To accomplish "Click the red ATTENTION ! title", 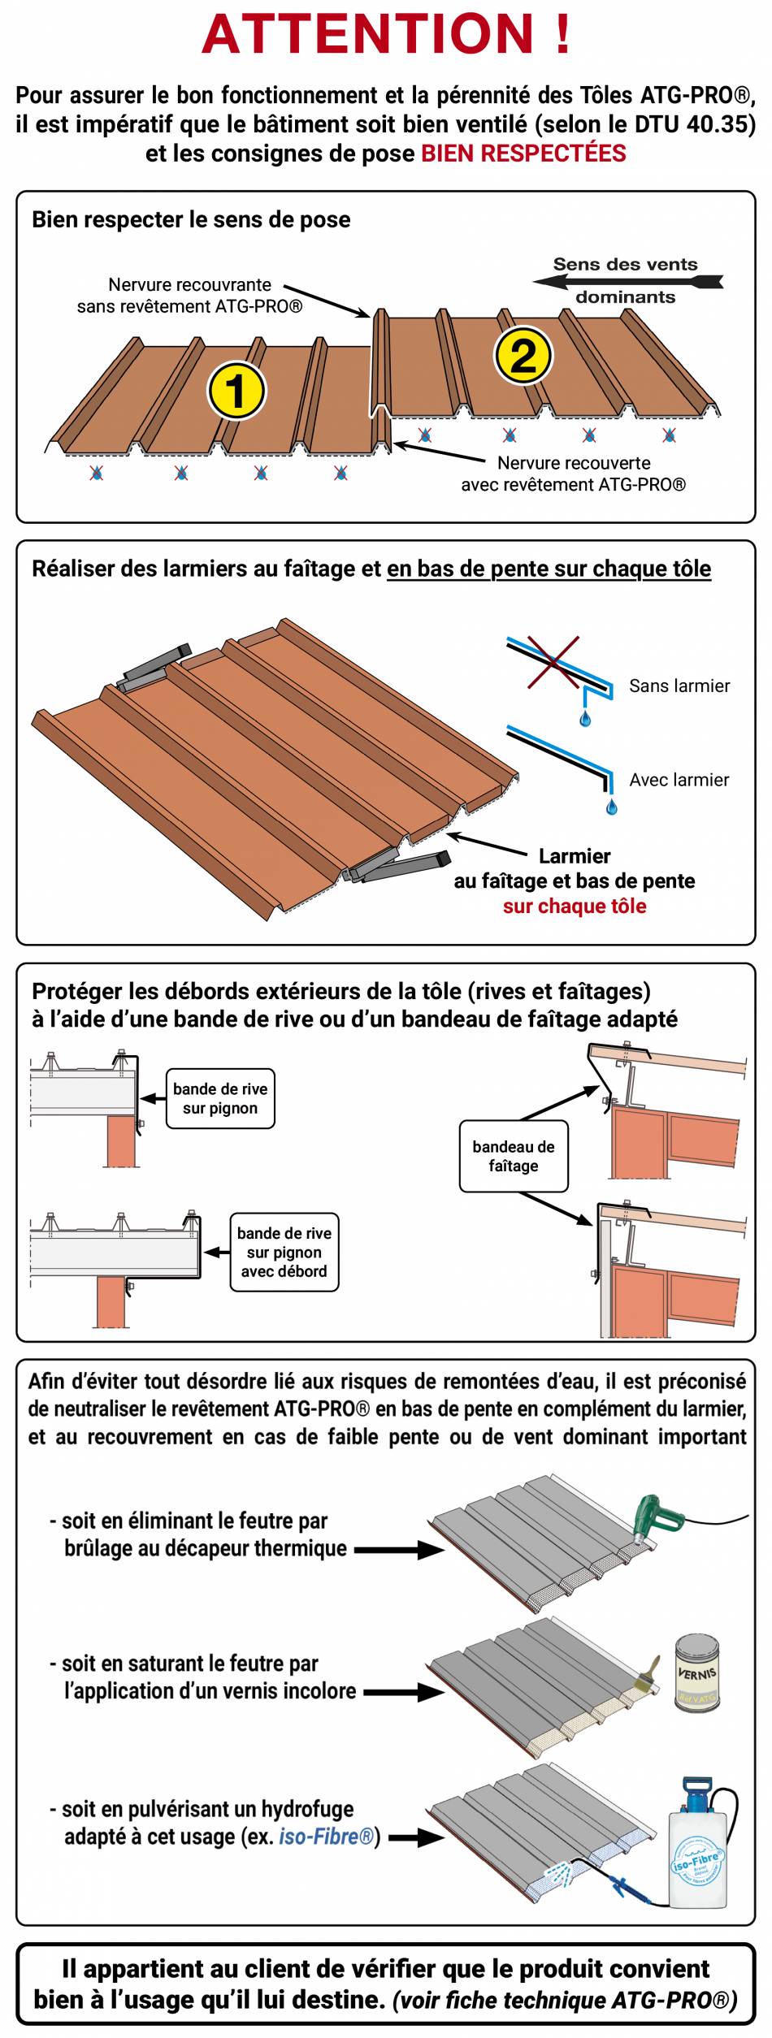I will [x=386, y=34].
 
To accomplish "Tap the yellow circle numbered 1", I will [x=236, y=390].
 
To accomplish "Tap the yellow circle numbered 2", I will [x=523, y=356].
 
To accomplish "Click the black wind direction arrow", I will [x=626, y=282].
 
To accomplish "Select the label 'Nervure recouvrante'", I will [x=189, y=285].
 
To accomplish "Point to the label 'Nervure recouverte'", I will [x=574, y=463].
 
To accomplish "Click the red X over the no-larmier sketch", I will [x=553, y=662].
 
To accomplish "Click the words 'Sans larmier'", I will [x=679, y=686].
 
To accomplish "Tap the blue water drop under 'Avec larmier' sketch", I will [x=612, y=806].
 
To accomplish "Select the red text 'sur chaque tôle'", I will [x=575, y=906].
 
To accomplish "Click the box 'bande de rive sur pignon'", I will [x=220, y=1098].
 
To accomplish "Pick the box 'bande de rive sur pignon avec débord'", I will [x=284, y=1252].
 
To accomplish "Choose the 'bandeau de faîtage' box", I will [x=513, y=1156].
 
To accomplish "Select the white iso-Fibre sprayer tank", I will [x=696, y=1857].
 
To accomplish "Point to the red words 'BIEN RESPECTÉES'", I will [x=523, y=154].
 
